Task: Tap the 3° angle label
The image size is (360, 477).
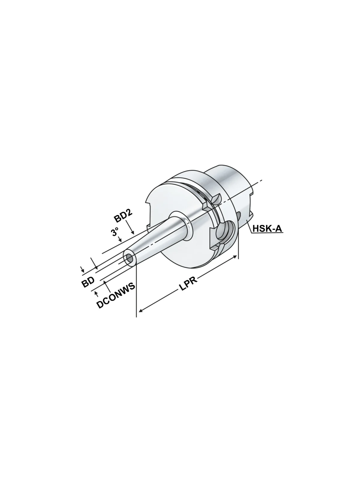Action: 115,232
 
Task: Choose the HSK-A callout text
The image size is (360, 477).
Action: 267,229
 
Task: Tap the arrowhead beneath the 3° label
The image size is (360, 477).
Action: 120,240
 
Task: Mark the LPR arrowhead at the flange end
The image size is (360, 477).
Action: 235,257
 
